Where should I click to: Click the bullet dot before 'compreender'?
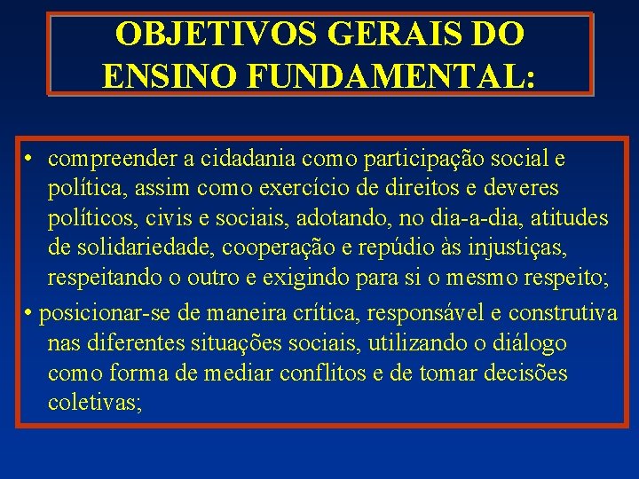[29, 160]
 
